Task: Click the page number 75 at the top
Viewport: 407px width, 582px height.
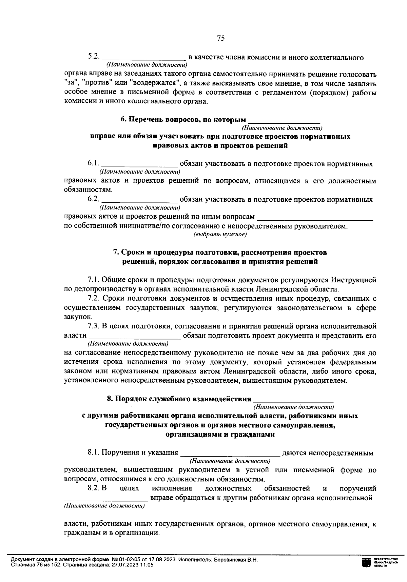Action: (220, 38)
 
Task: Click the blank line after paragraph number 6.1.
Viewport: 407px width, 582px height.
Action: (139, 164)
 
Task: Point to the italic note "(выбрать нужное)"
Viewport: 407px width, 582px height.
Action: (220, 235)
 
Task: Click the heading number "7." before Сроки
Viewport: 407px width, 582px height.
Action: (116, 253)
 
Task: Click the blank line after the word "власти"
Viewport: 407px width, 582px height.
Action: (134, 336)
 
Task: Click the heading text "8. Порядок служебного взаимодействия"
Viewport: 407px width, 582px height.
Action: (179, 399)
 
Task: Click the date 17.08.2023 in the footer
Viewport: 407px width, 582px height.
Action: (163, 560)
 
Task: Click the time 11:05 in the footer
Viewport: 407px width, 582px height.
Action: (148, 565)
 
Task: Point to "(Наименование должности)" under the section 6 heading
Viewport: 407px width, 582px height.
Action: (282, 128)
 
